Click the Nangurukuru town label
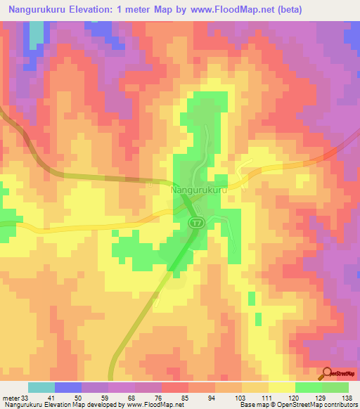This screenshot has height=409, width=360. point(199,190)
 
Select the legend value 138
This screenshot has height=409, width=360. point(347,397)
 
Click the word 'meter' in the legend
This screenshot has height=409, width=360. point(11,397)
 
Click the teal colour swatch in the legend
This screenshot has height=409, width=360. point(41,387)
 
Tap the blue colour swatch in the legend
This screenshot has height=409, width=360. point(68,387)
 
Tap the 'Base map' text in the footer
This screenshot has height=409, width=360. point(250,404)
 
